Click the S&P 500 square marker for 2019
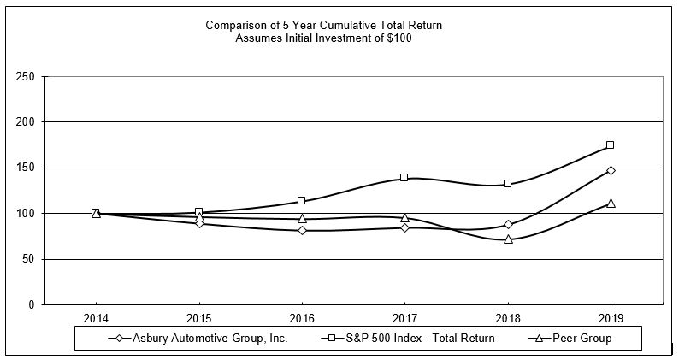point(611,145)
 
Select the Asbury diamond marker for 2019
point(611,170)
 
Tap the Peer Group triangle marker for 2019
point(611,203)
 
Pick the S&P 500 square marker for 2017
point(404,178)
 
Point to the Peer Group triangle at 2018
point(508,239)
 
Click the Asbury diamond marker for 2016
point(302,230)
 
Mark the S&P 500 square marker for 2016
point(302,201)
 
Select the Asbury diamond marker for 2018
point(508,225)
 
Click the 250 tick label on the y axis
point(26,77)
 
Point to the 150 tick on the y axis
point(26,168)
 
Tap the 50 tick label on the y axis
point(28,259)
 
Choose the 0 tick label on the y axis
point(31,304)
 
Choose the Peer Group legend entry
point(582,338)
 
